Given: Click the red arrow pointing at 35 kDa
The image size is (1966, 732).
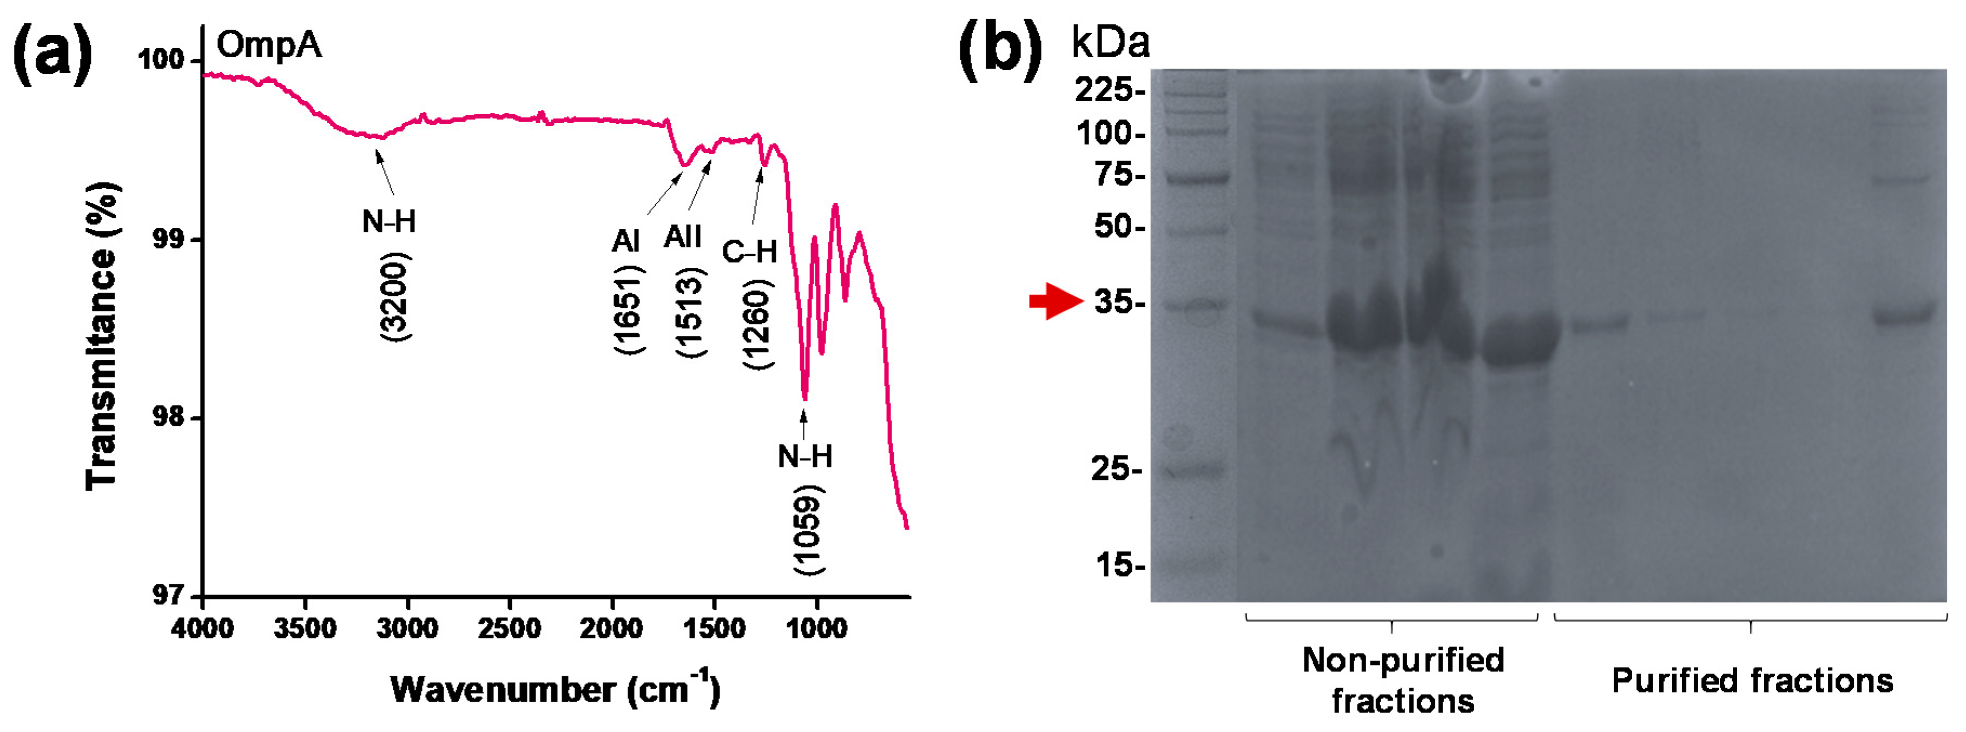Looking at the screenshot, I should pyautogui.click(x=1055, y=301).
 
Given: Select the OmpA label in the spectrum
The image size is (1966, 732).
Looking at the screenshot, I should pyautogui.click(x=269, y=45).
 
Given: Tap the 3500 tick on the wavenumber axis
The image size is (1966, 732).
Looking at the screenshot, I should pyautogui.click(x=305, y=629).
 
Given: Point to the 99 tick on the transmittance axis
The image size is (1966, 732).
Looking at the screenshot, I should pyautogui.click(x=167, y=239).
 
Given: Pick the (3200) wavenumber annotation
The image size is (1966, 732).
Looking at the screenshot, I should pyautogui.click(x=395, y=297).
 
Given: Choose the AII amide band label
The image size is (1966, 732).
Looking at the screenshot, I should pyautogui.click(x=682, y=238).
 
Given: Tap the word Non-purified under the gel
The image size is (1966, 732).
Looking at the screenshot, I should pyautogui.click(x=1403, y=660).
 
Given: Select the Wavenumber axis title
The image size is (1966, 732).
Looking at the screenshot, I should pyautogui.click(x=555, y=689).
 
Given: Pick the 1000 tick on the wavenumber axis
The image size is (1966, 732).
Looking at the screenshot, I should pyautogui.click(x=816, y=629).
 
